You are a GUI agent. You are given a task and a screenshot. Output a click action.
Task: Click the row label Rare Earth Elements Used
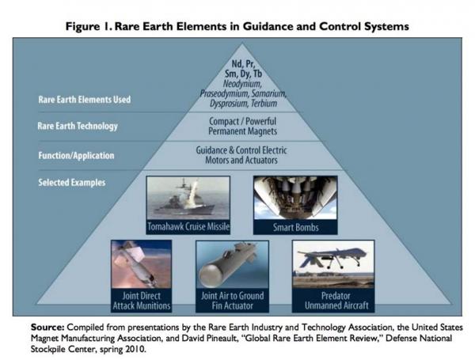pos(85,100)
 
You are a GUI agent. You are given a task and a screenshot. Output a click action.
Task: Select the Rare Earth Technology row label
pos(78,127)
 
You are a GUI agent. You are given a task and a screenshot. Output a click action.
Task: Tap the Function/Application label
pos(76,156)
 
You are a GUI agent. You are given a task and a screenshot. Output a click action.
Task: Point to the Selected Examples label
pos(72,183)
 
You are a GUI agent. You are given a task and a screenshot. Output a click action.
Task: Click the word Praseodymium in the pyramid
pos(224,93)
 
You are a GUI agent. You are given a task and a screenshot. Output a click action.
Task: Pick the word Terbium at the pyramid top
pos(264,104)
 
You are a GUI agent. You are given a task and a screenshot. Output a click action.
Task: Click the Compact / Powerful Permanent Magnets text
pos(242,127)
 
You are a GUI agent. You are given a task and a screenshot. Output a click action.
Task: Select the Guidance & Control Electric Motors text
pos(241,155)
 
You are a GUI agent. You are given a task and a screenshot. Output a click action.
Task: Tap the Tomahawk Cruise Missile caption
pos(188,226)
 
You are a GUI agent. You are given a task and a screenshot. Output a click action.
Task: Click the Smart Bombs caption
pos(295,227)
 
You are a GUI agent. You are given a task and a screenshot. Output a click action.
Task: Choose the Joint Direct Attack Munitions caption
pos(142,301)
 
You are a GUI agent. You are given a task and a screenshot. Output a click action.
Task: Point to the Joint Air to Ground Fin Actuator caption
pos(232,301)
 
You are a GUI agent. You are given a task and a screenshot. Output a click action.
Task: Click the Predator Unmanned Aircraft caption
pos(336,301)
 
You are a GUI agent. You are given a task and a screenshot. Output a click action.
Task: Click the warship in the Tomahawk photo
pos(184,203)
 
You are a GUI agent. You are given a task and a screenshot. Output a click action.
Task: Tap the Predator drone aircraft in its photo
pos(332,257)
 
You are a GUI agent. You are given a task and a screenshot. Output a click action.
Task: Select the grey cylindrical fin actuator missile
pos(226,263)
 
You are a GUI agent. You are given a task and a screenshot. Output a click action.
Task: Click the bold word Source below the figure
pos(47,328)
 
